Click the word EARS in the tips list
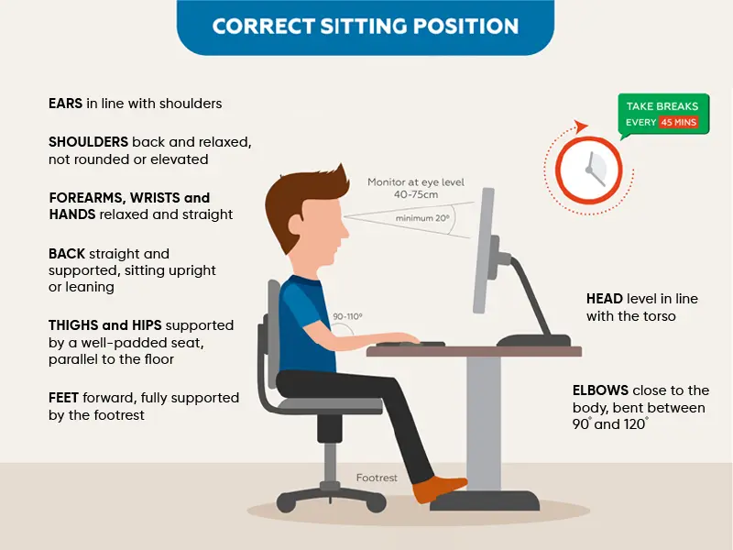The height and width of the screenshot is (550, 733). tap(65, 104)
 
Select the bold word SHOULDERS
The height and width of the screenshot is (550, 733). tap(88, 142)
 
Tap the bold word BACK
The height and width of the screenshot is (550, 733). tap(67, 254)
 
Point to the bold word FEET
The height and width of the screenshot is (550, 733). tap(63, 398)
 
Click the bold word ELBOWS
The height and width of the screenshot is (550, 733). tap(600, 390)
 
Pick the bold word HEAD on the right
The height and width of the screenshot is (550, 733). tap(605, 299)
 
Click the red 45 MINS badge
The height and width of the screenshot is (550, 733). tap(679, 122)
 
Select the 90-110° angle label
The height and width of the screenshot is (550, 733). tap(348, 316)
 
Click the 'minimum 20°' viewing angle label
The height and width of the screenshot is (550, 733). tap(422, 218)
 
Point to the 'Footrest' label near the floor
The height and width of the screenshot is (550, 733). tap(377, 478)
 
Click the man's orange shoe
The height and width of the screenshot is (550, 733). tap(440, 489)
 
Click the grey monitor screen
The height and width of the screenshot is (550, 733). tap(483, 250)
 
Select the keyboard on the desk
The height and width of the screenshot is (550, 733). tap(410, 344)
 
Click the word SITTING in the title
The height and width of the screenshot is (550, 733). tap(364, 27)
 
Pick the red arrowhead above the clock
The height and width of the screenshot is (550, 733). tap(581, 126)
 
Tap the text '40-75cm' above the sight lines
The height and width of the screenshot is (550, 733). tap(416, 194)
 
